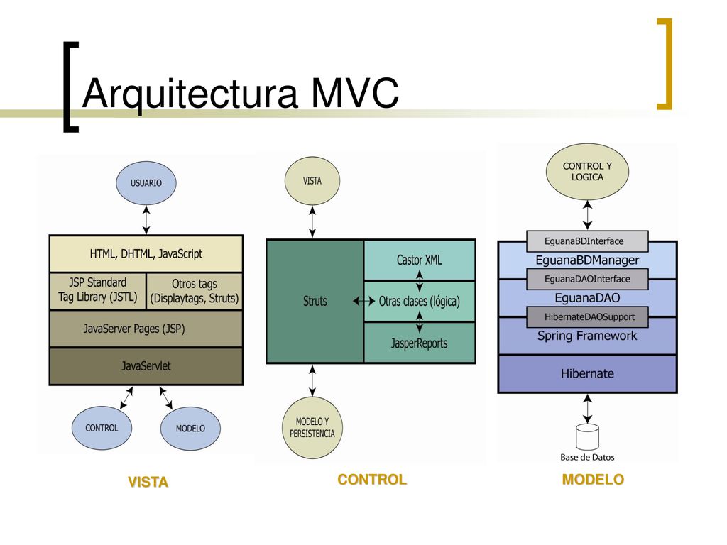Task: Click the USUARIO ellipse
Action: (146, 183)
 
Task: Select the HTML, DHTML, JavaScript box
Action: (146, 253)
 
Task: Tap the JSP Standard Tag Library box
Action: (98, 290)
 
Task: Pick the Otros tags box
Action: (195, 290)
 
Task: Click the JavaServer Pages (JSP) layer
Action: (146, 329)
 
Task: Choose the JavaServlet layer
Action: (146, 366)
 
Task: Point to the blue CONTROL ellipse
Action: (102, 428)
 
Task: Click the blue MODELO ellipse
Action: (190, 428)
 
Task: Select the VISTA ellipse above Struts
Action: (312, 181)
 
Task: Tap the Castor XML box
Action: (420, 260)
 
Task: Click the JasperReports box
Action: (420, 343)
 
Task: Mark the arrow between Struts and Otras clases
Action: (364, 301)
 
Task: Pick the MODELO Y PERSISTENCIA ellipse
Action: (312, 427)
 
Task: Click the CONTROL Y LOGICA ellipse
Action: (587, 172)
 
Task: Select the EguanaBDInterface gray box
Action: (587, 241)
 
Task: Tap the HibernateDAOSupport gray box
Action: (587, 317)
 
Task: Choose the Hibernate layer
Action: (587, 373)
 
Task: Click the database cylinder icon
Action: (587, 436)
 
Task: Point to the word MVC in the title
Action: (355, 92)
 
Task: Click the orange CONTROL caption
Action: (372, 479)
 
